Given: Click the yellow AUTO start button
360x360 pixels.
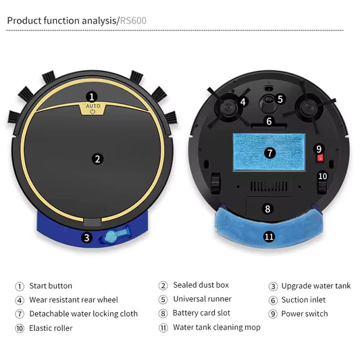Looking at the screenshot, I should coord(93,107).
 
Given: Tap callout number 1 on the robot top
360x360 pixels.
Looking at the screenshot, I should coord(92,97).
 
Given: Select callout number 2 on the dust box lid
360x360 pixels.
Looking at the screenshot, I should coord(97,159).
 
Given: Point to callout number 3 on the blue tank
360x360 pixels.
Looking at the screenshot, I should coord(86,237).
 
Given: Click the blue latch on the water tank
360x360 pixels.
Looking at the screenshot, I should coord(111,236).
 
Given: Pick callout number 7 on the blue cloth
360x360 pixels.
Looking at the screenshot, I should coord(269,153).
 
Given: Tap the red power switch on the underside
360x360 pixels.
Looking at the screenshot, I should coord(319,158).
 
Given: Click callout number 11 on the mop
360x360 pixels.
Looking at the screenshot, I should coord(269,236).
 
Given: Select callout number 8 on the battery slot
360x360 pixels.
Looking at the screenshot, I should coord(267,209).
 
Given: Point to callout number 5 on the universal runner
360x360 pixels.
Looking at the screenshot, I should coord(280,99).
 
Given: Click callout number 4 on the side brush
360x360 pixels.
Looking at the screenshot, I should coord(242,103).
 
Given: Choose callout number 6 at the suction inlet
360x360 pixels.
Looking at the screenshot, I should coord(268,122).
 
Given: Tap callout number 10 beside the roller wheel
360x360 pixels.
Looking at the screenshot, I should coord(322,176).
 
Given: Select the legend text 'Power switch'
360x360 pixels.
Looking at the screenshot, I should coord(304,313).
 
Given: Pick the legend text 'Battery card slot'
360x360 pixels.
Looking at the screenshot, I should coord(201,313).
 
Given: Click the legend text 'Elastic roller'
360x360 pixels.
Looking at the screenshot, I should coord(51,328).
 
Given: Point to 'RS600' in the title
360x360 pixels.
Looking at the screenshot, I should coord(132,20).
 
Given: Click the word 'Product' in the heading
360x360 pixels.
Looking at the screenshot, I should coord(24,20).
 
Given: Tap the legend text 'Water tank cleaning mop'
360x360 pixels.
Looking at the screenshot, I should coord(216,328).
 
